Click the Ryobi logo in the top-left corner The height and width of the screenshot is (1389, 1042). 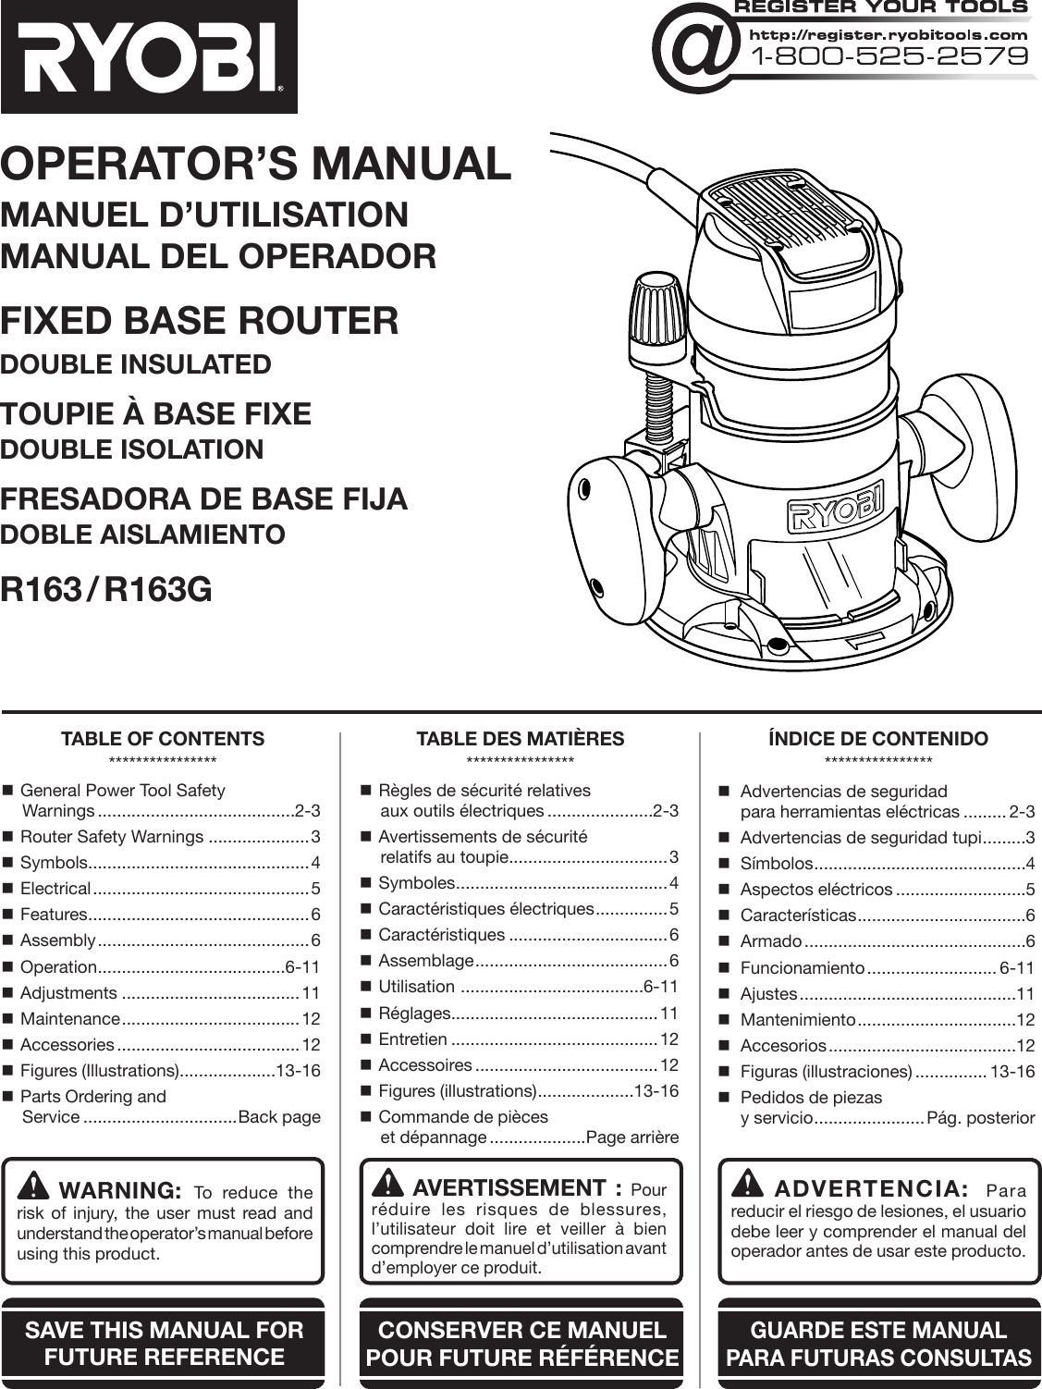click(148, 55)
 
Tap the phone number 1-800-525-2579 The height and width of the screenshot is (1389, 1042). click(892, 56)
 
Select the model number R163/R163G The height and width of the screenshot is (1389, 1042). click(106, 589)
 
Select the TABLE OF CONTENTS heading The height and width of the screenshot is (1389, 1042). click(162, 738)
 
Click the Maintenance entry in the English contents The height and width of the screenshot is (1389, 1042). click(70, 1019)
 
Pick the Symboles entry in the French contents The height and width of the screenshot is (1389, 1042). click(416, 882)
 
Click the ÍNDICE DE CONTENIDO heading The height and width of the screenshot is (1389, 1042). click(877, 738)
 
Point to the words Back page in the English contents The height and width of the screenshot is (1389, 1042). click(279, 1116)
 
